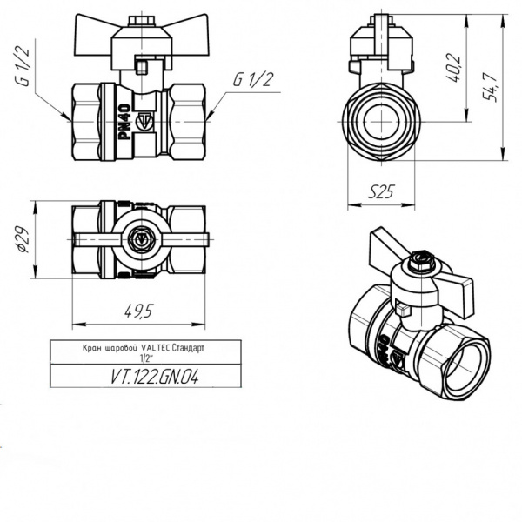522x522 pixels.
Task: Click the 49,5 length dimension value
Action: click(138, 311)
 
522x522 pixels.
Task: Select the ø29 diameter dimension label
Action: click(24, 240)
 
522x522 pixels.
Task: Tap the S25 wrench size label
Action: click(381, 192)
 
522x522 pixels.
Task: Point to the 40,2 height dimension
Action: click(453, 67)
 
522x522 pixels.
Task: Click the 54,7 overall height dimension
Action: click(490, 87)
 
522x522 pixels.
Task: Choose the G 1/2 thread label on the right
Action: click(253, 79)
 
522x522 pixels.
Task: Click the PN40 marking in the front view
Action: click(124, 122)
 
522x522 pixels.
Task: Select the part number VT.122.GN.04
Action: click(155, 378)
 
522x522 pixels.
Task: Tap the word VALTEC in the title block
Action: click(156, 348)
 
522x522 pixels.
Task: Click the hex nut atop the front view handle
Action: click(141, 21)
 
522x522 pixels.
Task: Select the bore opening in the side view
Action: click(381, 122)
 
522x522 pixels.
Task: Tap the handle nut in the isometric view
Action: click(420, 261)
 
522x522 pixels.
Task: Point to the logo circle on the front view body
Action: click(145, 122)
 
